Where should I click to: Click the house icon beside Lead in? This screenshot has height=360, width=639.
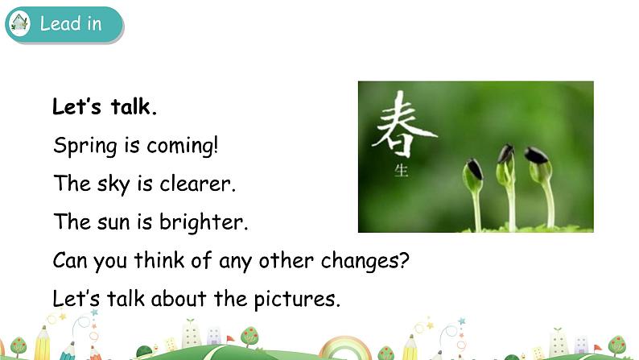(19, 23)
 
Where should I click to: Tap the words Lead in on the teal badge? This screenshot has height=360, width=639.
(71, 23)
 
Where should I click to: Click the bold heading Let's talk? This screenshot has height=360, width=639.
(105, 107)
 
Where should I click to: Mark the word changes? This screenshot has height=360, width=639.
(368, 260)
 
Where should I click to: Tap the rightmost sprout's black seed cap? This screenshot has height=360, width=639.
(536, 155)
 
